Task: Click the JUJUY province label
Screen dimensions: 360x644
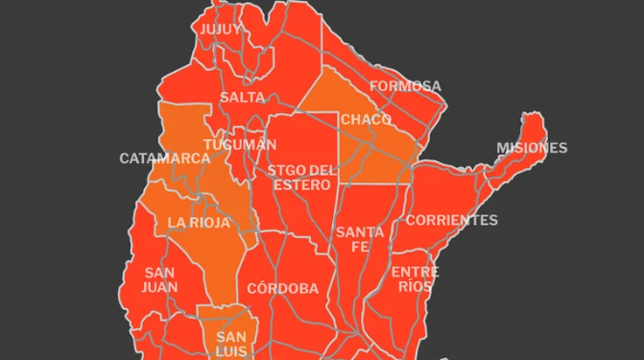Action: [221, 29]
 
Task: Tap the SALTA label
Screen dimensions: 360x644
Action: [242, 98]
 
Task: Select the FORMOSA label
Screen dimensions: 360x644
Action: [405, 86]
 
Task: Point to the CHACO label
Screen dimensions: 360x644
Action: [366, 119]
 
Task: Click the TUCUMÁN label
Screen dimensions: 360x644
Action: [240, 144]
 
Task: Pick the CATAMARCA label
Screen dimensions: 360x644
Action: [164, 158]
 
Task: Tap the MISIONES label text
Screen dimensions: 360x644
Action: [532, 148]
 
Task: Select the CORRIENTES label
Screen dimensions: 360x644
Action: [451, 220]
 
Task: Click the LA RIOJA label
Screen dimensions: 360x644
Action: [199, 223]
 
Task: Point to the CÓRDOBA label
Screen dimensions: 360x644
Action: [282, 289]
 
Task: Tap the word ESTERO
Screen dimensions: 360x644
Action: [302, 185]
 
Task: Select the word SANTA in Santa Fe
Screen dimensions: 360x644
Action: [360, 232]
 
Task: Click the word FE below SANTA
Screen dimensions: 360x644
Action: [360, 247]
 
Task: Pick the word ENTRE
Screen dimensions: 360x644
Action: [416, 273]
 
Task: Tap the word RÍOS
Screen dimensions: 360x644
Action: [416, 286]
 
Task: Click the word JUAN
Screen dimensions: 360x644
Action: [159, 286]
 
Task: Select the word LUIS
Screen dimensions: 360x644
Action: [231, 351]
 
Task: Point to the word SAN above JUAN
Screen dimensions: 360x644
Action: [159, 273]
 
